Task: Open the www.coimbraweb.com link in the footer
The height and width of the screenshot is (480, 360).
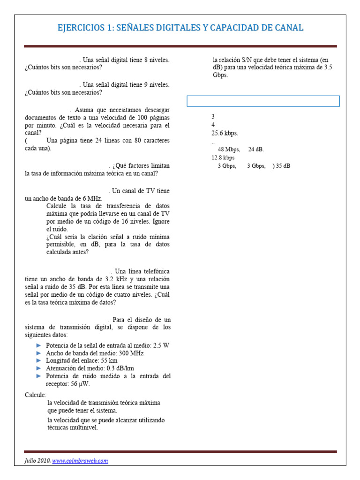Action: (x=80, y=460)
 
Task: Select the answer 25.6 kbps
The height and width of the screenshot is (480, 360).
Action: (x=225, y=133)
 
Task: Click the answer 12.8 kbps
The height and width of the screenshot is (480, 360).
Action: (x=223, y=157)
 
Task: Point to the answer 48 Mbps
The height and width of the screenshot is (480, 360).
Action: (x=229, y=150)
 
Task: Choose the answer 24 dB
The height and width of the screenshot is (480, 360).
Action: (x=256, y=150)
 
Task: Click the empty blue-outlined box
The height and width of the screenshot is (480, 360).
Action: (x=263, y=101)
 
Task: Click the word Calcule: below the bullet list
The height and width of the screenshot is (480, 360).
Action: (x=36, y=395)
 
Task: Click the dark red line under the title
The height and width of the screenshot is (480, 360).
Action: (x=180, y=46)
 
